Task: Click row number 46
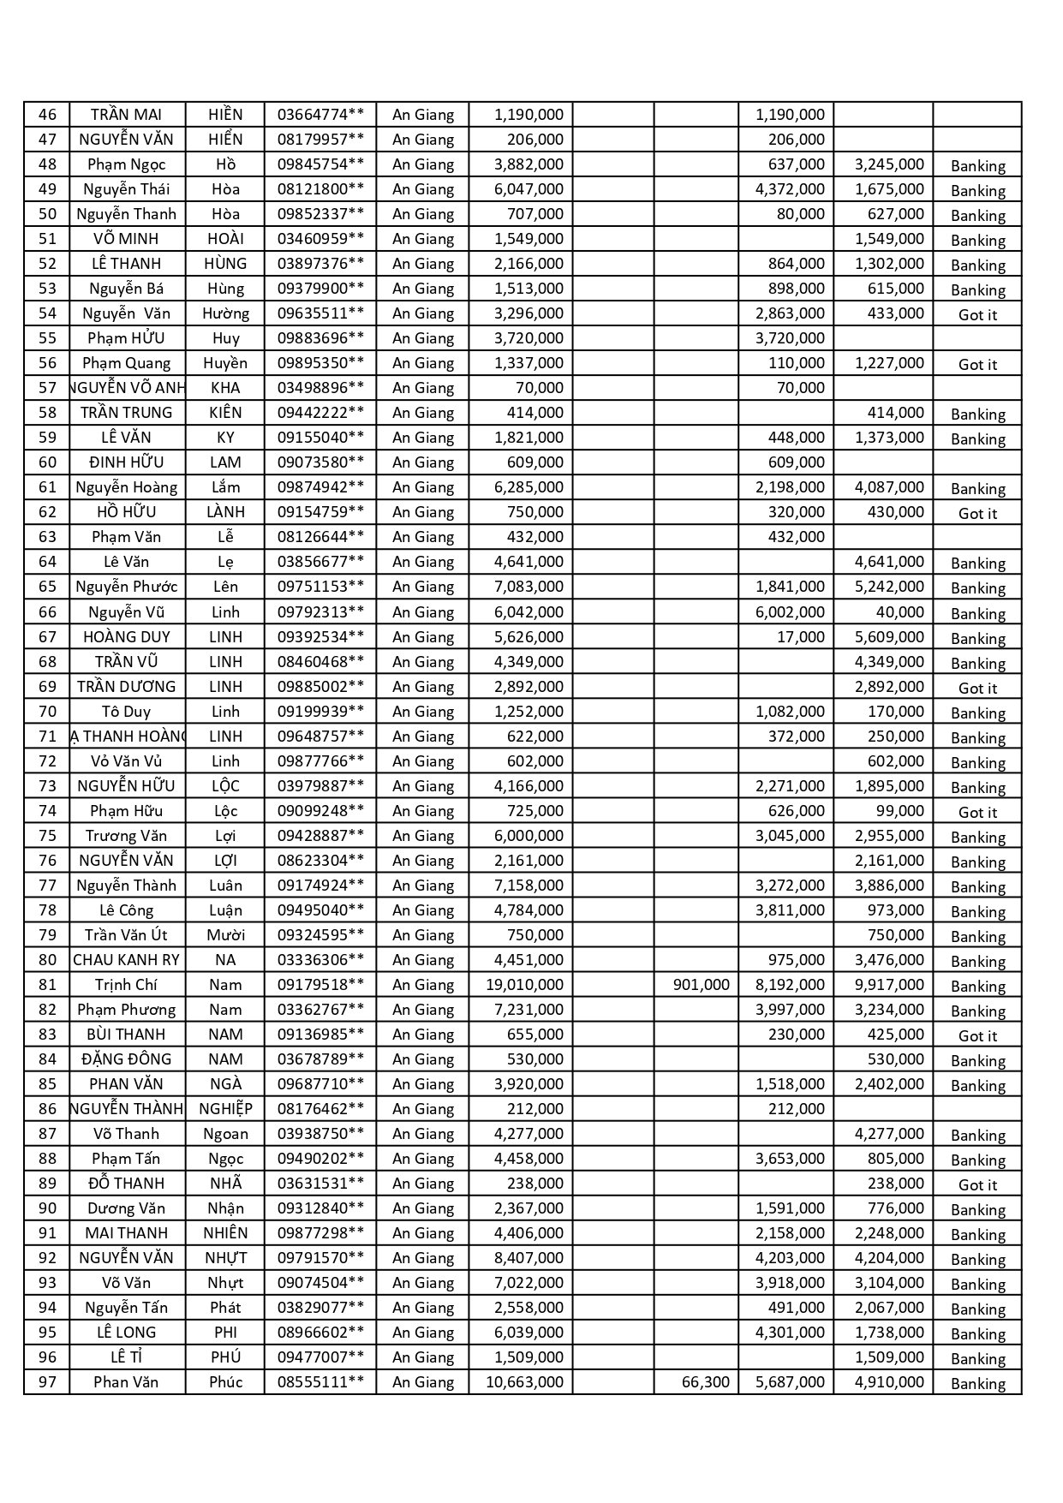pos(47,115)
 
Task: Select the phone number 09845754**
pos(320,164)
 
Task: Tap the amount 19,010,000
pos(524,985)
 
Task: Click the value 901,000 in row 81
pos(701,985)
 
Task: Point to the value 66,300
pos(705,1382)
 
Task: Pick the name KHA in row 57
pos(225,388)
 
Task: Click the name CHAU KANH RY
pos(126,960)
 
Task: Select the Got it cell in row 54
pos(977,314)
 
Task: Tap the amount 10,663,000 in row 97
pos(524,1382)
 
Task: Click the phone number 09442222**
pos(320,413)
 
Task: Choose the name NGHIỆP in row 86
pos(225,1109)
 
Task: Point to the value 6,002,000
pos(790,612)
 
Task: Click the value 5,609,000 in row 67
pos(889,637)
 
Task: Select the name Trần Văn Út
pos(126,935)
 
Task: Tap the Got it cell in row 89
pos(977,1184)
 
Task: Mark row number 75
pos(47,836)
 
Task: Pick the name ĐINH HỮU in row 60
pos(126,462)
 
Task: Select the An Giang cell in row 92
pos(423,1258)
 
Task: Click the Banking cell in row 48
pos(977,165)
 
